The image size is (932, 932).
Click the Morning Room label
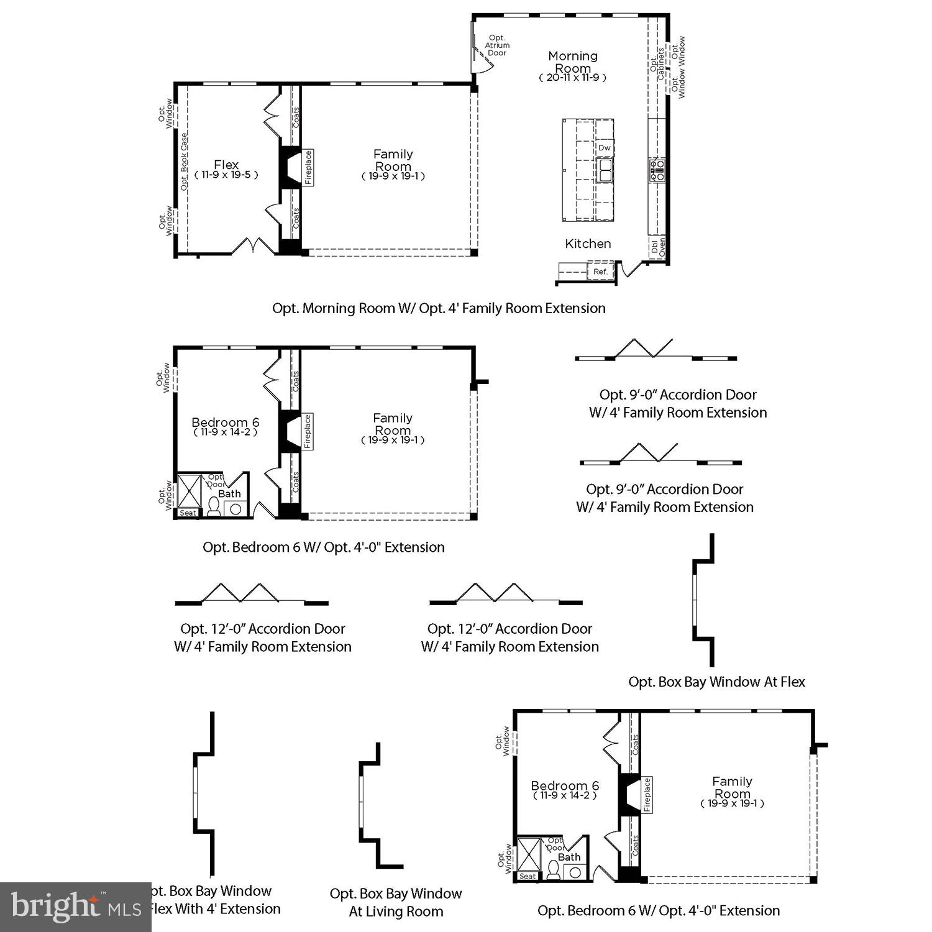[x=573, y=62]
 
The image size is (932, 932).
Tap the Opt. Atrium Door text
[x=497, y=45]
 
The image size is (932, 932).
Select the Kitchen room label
[x=588, y=244]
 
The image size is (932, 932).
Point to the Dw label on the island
[x=605, y=148]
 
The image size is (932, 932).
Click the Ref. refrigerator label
[x=600, y=272]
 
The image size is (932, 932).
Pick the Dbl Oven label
[x=658, y=247]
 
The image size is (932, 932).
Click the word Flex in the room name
[x=226, y=165]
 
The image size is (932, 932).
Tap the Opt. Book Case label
[x=184, y=162]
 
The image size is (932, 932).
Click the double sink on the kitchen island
[x=605, y=170]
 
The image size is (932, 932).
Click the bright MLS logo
[x=76, y=907]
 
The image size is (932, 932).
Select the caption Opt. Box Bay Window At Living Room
[x=396, y=902]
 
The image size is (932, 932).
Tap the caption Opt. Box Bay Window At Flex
[x=716, y=682]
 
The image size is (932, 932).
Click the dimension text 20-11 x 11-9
[x=572, y=78]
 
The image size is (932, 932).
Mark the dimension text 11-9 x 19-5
[x=226, y=175]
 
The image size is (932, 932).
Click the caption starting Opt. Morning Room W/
[x=439, y=308]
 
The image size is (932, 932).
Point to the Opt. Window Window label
[x=678, y=66]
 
